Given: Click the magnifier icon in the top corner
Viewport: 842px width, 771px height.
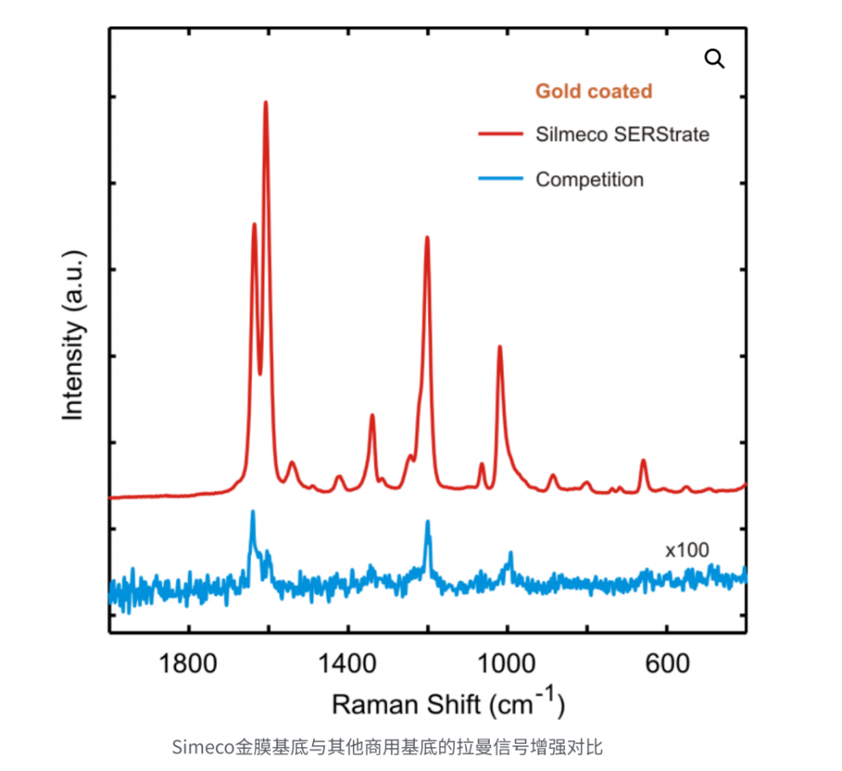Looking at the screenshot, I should (x=714, y=59).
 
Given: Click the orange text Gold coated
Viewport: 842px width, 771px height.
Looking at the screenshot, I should (x=594, y=91).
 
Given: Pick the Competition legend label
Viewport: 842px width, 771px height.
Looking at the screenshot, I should (x=589, y=180).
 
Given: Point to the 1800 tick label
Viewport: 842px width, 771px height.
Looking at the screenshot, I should (x=188, y=663).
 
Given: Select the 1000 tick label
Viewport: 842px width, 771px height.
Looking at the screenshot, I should (x=507, y=663).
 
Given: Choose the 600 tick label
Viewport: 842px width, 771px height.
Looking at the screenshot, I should (x=666, y=663).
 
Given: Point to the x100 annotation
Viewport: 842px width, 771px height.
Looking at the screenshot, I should (x=686, y=550).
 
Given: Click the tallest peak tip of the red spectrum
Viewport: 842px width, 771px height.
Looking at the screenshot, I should (x=266, y=102).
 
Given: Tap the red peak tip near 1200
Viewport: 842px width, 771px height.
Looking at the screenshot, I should (x=427, y=237).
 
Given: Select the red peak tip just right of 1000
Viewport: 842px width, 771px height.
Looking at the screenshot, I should (x=500, y=346).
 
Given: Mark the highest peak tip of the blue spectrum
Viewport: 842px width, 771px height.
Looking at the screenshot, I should (x=253, y=511).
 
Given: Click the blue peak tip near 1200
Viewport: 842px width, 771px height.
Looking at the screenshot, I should (x=428, y=522).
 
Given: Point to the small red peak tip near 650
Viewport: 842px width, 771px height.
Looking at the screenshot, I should (x=643, y=460).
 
